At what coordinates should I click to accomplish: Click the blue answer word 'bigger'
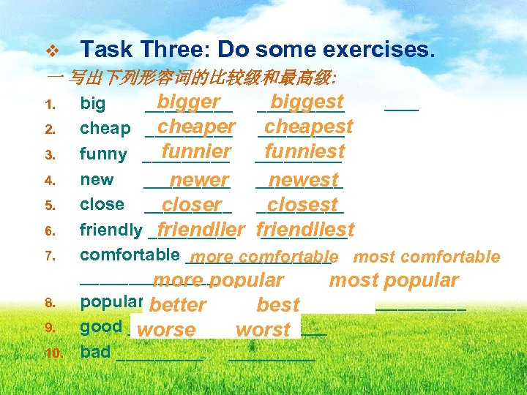click(x=188, y=102)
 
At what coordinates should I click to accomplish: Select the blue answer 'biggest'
click(x=307, y=101)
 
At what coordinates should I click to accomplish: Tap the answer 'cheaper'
click(x=196, y=127)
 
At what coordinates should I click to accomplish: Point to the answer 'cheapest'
click(x=308, y=127)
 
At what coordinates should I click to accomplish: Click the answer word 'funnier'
click(x=196, y=151)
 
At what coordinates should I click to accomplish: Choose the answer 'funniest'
click(x=304, y=151)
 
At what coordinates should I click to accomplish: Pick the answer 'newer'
click(x=199, y=180)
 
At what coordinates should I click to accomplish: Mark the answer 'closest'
click(x=303, y=205)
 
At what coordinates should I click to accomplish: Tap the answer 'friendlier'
click(x=201, y=230)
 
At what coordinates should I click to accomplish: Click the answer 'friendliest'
click(x=305, y=230)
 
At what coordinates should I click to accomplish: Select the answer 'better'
click(x=176, y=305)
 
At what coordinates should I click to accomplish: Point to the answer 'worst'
click(x=263, y=330)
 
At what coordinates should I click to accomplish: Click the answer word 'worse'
click(x=166, y=330)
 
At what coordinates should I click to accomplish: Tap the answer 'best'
click(x=278, y=305)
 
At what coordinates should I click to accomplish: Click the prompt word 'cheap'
click(x=105, y=129)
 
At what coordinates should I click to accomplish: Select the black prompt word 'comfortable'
click(x=130, y=255)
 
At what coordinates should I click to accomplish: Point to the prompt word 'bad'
click(x=95, y=352)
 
